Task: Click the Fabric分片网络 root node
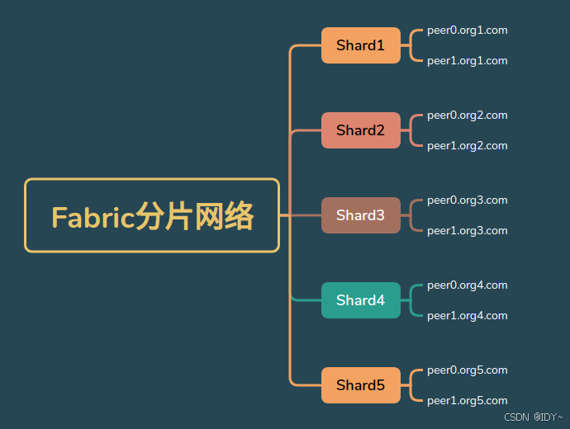coord(152,215)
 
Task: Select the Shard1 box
coord(360,45)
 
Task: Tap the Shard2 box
coord(360,130)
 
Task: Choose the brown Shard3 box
coord(360,215)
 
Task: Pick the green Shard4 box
coord(360,300)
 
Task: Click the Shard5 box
coord(360,385)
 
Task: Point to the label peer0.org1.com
coord(467,31)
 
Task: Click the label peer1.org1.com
coord(467,61)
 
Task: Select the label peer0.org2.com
coord(467,115)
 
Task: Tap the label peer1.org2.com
coord(467,146)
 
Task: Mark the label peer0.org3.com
coord(467,200)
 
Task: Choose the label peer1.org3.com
coord(467,231)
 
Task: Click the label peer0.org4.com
coord(467,285)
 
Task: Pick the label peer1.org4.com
coord(467,316)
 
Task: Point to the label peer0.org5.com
coord(467,370)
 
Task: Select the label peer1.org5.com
coord(467,401)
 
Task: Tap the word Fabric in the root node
coord(93,217)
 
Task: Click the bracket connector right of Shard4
coord(411,300)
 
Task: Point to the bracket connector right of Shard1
coord(411,45)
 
